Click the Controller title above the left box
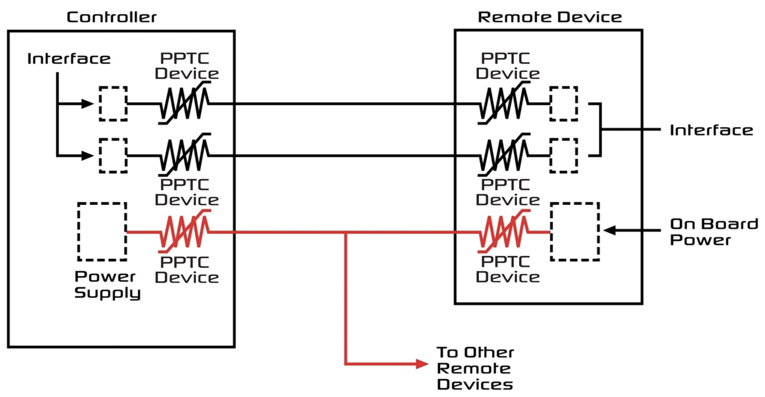[x=111, y=17]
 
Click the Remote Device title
[x=550, y=17]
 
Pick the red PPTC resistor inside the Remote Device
[x=504, y=232]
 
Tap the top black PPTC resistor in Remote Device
[x=504, y=103]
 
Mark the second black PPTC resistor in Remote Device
[x=504, y=155]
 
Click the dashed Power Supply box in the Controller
[x=102, y=232]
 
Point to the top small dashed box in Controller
[x=113, y=104]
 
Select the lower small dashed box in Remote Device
[x=564, y=155]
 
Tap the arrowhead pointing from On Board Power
[x=609, y=230]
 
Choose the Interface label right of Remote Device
[x=712, y=130]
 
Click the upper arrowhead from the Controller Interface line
[x=87, y=104]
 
